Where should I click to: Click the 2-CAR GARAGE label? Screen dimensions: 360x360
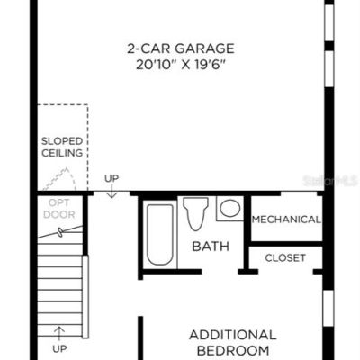pyautogui.click(x=181, y=49)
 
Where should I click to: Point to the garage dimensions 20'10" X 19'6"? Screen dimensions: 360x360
pyautogui.click(x=181, y=65)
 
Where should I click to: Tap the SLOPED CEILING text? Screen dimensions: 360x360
pyautogui.click(x=62, y=147)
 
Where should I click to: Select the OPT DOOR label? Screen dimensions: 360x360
pyautogui.click(x=59, y=209)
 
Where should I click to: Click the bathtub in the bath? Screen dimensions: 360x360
pyautogui.click(x=160, y=235)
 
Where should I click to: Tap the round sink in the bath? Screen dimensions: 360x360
pyautogui.click(x=230, y=208)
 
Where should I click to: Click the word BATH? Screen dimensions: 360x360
pyautogui.click(x=211, y=247)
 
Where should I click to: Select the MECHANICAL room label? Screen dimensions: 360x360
pyautogui.click(x=286, y=220)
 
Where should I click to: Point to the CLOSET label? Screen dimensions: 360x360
pyautogui.click(x=285, y=257)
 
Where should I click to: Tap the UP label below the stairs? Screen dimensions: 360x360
pyautogui.click(x=59, y=349)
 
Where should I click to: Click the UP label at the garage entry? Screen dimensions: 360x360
pyautogui.click(x=112, y=178)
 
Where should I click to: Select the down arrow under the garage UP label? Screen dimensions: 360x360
pyautogui.click(x=112, y=192)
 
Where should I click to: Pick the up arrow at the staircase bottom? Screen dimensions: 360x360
pyautogui.click(x=59, y=334)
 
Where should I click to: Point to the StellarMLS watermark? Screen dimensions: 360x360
pyautogui.click(x=330, y=181)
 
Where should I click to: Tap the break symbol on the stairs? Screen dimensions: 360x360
pyautogui.click(x=60, y=232)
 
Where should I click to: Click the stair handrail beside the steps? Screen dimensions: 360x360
pyautogui.click(x=85, y=297)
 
